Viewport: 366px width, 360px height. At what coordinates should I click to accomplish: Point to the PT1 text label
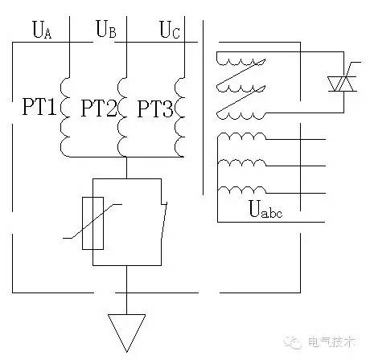[37, 108]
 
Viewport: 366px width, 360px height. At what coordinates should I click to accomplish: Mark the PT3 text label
[154, 108]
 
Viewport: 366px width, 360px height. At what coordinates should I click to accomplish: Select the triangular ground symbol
[127, 329]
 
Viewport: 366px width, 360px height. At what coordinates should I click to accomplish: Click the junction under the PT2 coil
[127, 155]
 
